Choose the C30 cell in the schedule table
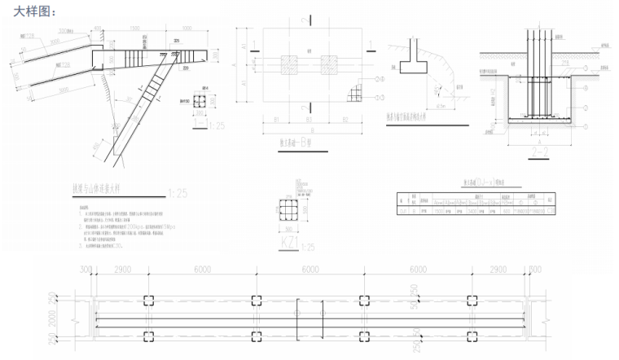(x=551, y=210)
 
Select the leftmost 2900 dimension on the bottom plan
(x=123, y=269)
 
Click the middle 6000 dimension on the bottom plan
(x=309, y=269)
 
